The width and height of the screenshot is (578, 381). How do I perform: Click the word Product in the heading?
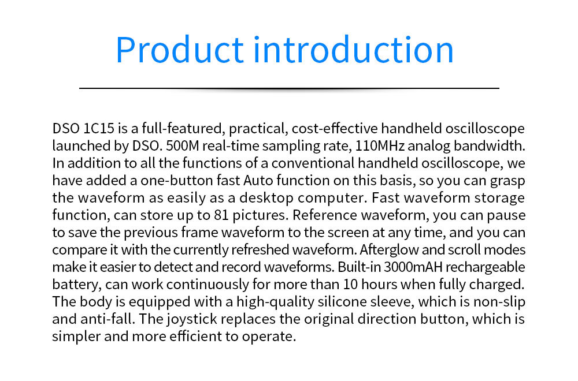tap(180, 50)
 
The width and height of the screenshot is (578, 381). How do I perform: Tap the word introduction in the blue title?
tap(354, 50)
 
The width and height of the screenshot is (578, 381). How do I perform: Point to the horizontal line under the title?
tap(289, 88)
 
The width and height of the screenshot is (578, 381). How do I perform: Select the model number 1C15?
tap(99, 129)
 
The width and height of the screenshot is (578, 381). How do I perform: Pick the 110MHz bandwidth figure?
tap(380, 146)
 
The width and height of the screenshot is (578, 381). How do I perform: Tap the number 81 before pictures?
tap(221, 215)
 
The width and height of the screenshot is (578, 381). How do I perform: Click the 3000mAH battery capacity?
tap(413, 267)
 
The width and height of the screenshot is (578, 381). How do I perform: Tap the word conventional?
tap(313, 163)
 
